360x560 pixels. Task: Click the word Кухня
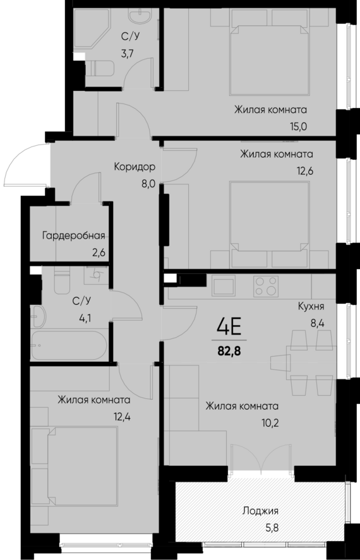(311, 307)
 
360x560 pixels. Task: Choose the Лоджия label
(260, 511)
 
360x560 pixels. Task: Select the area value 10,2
(243, 422)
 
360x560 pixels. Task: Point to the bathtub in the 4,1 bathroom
(69, 346)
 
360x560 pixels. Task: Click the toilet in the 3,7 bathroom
(100, 68)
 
